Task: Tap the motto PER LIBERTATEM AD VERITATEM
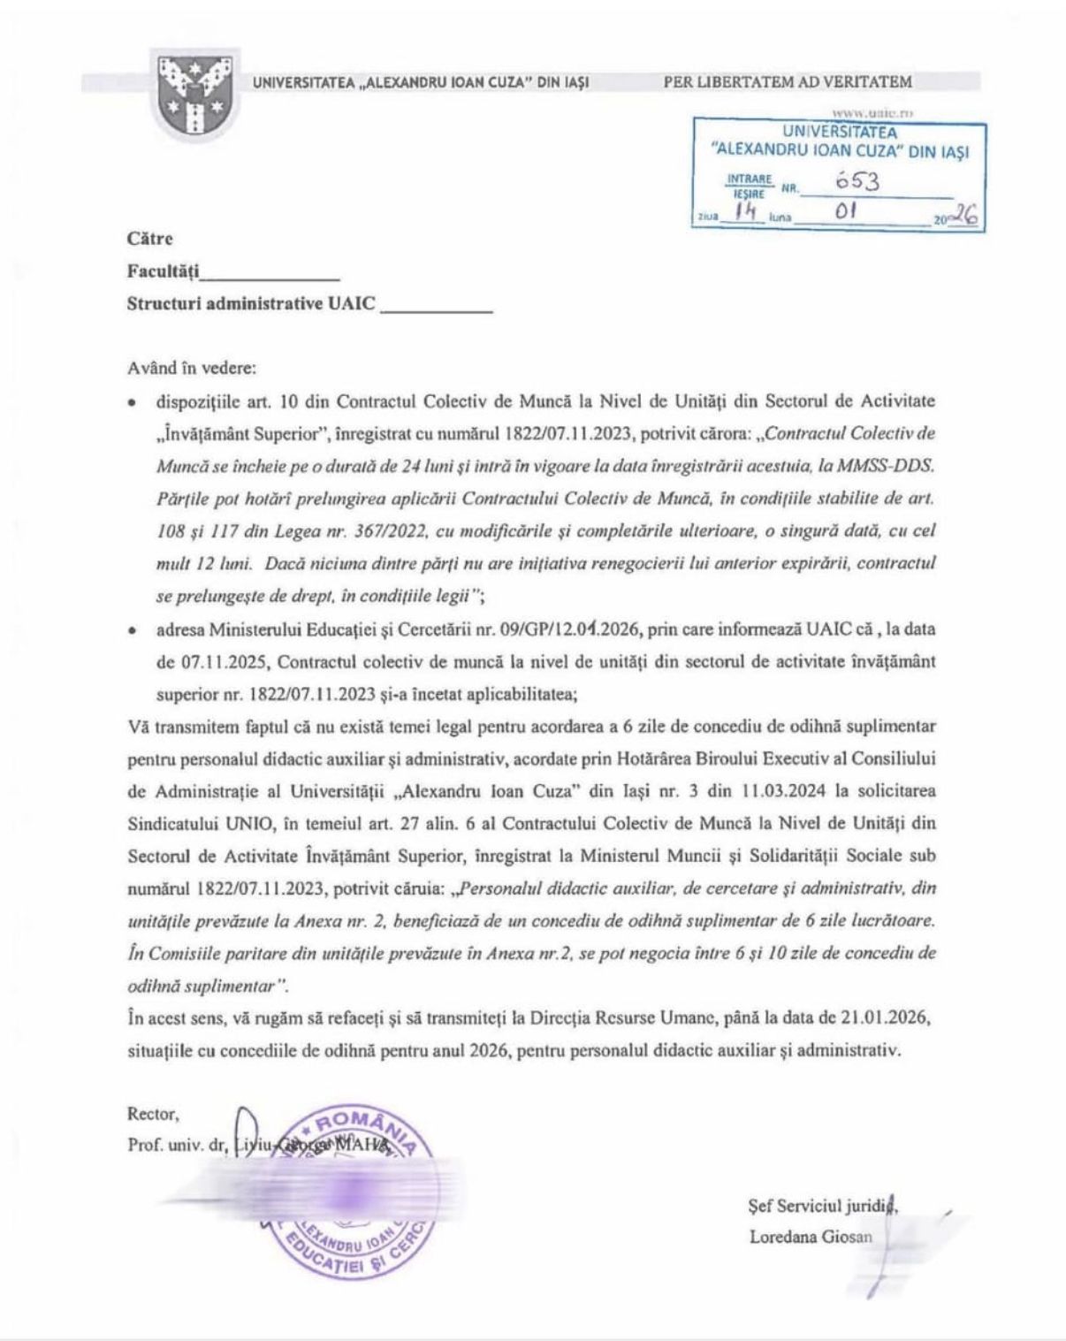[788, 82]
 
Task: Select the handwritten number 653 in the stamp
[857, 182]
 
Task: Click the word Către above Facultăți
[150, 239]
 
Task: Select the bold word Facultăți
[164, 270]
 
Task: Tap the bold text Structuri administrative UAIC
[251, 303]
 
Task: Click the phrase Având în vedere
[192, 369]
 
